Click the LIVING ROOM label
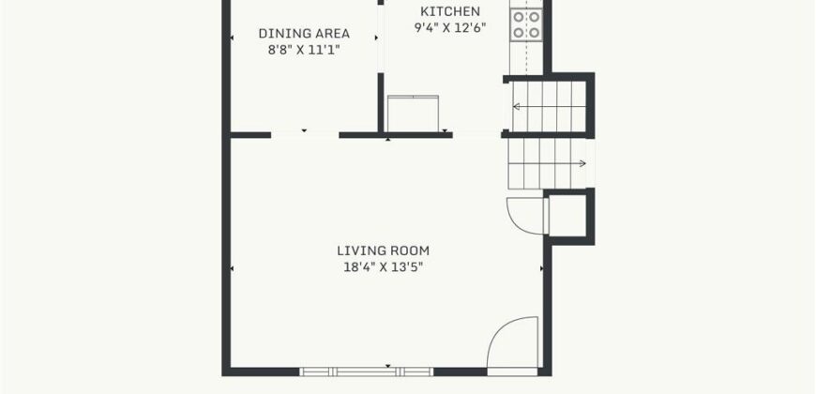pos(383,250)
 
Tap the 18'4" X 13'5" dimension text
pos(383,267)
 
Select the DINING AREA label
pos(304,34)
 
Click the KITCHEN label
pos(450,11)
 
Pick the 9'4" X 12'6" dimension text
pos(450,27)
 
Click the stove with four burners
pos(526,24)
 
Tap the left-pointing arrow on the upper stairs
pos(550,107)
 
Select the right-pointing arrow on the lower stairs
pos(547,163)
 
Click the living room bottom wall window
pos(367,371)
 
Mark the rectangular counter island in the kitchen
pos(413,113)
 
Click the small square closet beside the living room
pos(568,216)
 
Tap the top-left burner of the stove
pos(519,17)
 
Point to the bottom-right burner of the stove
pos(534,33)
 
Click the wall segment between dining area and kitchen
pos(381,102)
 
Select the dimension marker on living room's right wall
pos(541,268)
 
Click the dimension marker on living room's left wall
pos(232,268)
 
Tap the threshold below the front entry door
pos(512,371)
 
